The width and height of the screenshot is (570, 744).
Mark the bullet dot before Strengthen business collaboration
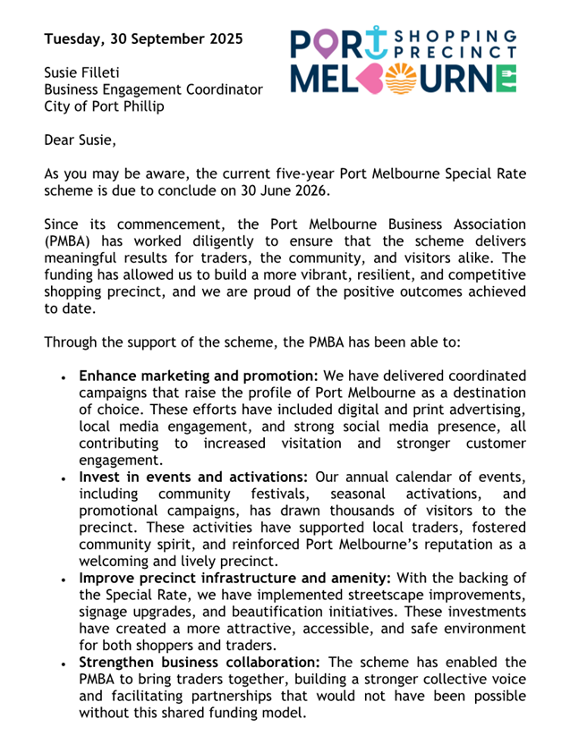[x=64, y=663]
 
